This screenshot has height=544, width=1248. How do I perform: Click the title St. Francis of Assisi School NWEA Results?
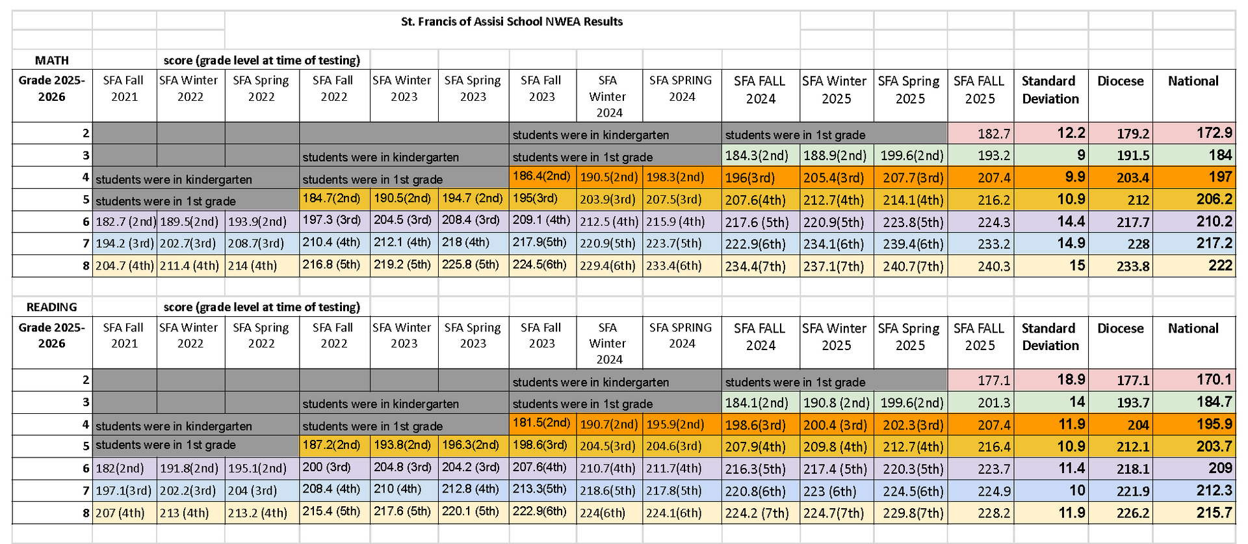tap(512, 21)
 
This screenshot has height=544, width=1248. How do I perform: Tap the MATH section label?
tap(52, 61)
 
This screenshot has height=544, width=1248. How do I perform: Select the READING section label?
tap(52, 307)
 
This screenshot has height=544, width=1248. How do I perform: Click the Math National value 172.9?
tap(1214, 133)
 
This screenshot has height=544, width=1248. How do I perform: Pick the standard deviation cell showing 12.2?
tap(1071, 133)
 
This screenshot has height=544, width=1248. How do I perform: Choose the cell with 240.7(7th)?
tap(910, 266)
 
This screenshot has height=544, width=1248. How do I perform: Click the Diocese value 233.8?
tap(1132, 266)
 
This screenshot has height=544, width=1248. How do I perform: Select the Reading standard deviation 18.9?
tap(1071, 379)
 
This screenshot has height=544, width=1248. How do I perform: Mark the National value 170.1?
tap(1214, 379)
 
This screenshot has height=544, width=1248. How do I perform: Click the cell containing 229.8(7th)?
tap(910, 513)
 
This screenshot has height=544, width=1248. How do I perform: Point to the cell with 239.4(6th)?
tap(910, 244)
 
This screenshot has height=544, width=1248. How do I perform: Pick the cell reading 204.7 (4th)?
tap(125, 265)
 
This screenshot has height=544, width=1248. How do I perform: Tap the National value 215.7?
tap(1214, 513)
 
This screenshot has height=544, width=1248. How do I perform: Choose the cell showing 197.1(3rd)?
tap(123, 491)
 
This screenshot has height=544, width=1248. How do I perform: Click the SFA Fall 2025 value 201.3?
tap(994, 403)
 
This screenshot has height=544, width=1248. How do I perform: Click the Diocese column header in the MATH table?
tap(1120, 81)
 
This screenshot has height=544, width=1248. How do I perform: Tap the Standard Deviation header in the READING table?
tap(1050, 336)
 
